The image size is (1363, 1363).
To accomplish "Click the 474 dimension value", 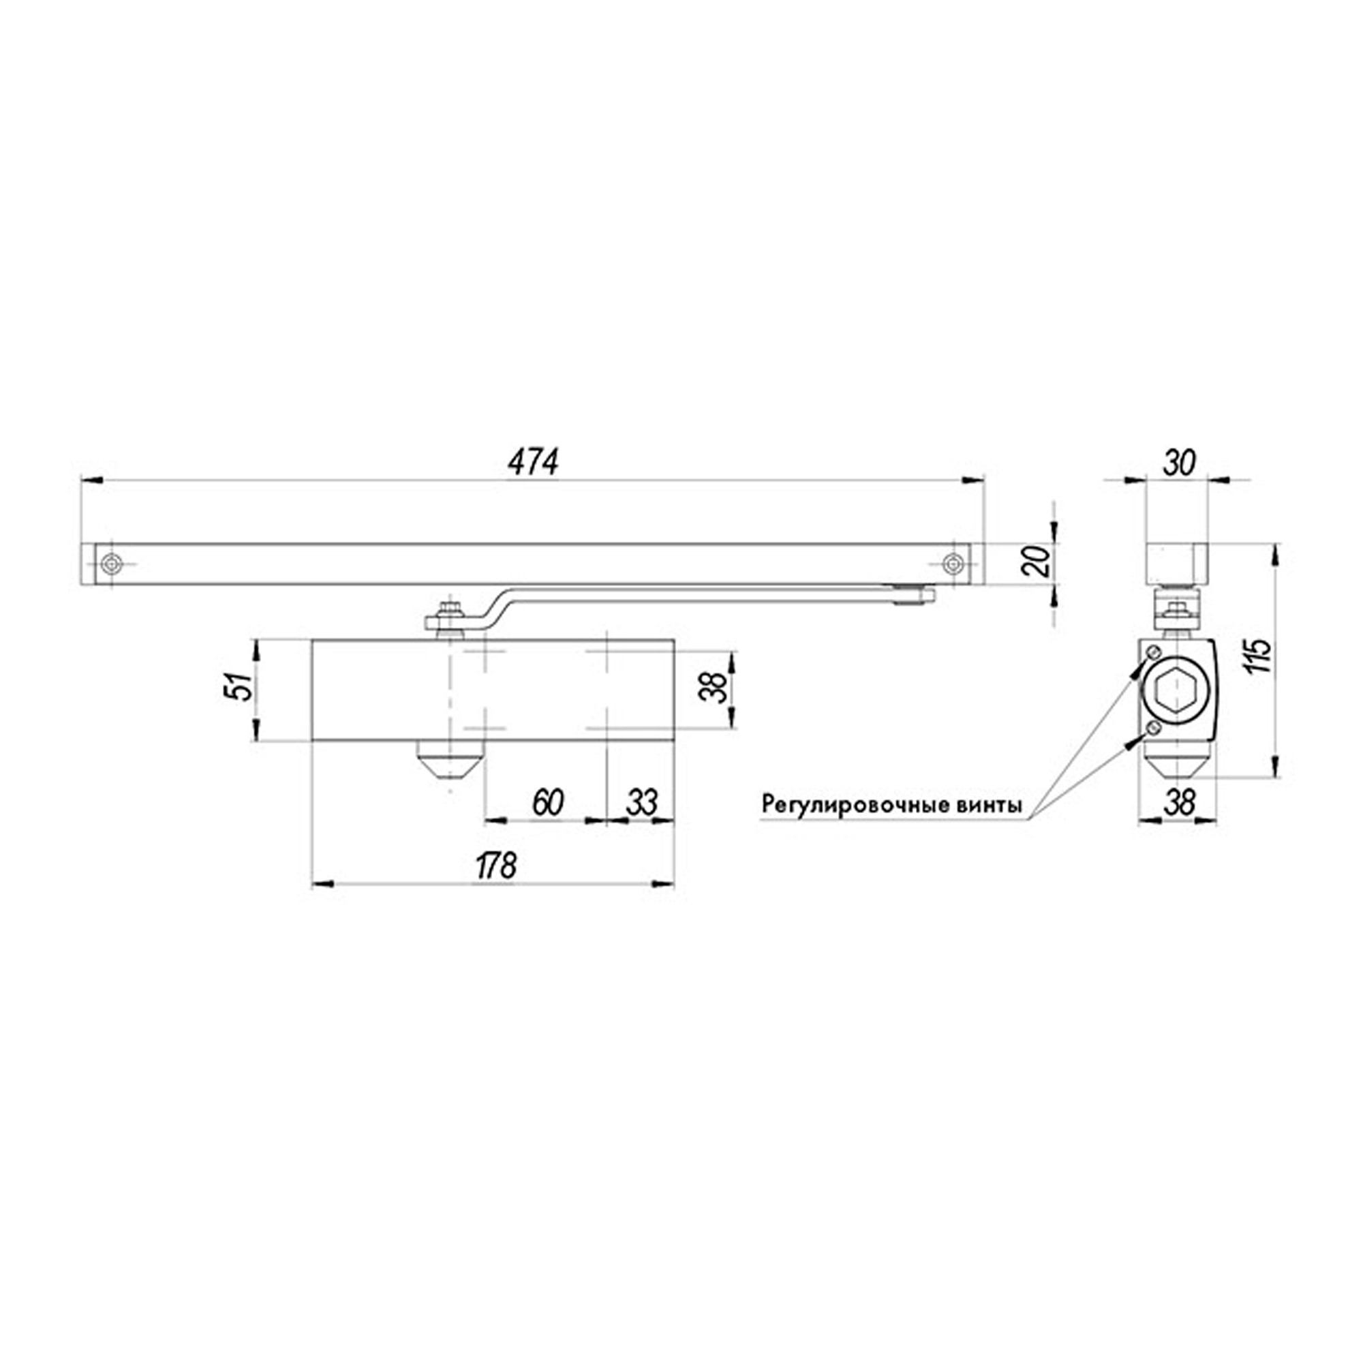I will click(x=533, y=463).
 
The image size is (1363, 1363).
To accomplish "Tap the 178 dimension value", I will click(x=496, y=866).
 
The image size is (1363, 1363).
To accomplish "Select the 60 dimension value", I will click(x=547, y=803).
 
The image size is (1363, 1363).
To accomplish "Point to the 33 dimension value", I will click(x=641, y=803).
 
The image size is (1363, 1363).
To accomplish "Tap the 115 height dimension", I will click(x=1259, y=656).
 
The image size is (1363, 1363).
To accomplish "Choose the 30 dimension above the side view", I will click(x=1179, y=464).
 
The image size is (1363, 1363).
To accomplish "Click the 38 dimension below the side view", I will click(x=1179, y=802).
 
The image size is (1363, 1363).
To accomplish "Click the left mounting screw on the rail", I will click(x=112, y=564).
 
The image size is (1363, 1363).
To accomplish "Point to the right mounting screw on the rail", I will click(x=954, y=564).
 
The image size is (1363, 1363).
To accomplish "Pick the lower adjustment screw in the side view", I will click(x=1153, y=727).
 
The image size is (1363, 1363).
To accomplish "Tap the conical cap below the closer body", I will click(x=450, y=762).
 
